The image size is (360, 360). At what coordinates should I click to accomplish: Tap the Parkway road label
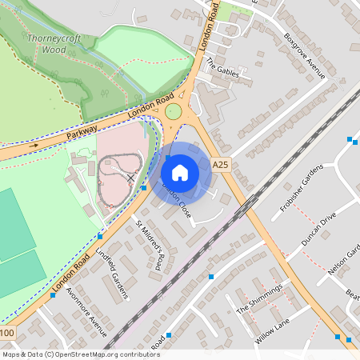(82, 132)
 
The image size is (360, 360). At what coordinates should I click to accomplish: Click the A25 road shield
(221, 165)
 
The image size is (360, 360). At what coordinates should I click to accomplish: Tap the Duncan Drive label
(318, 229)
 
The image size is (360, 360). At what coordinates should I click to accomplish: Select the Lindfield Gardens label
(112, 273)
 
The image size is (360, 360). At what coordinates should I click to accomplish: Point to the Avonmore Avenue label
(86, 310)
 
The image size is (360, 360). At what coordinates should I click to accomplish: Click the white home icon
(180, 172)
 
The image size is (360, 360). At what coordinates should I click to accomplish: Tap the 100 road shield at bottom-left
(7, 333)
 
